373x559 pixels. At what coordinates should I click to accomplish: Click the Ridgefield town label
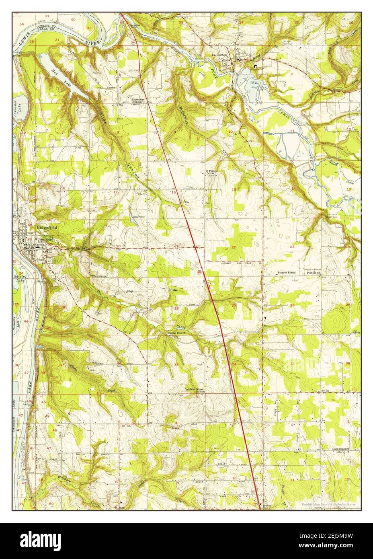(47, 227)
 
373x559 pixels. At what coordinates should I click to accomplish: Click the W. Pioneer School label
(212, 173)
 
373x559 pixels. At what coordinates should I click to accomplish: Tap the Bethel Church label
(177, 333)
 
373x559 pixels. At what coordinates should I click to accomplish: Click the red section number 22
(234, 247)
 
